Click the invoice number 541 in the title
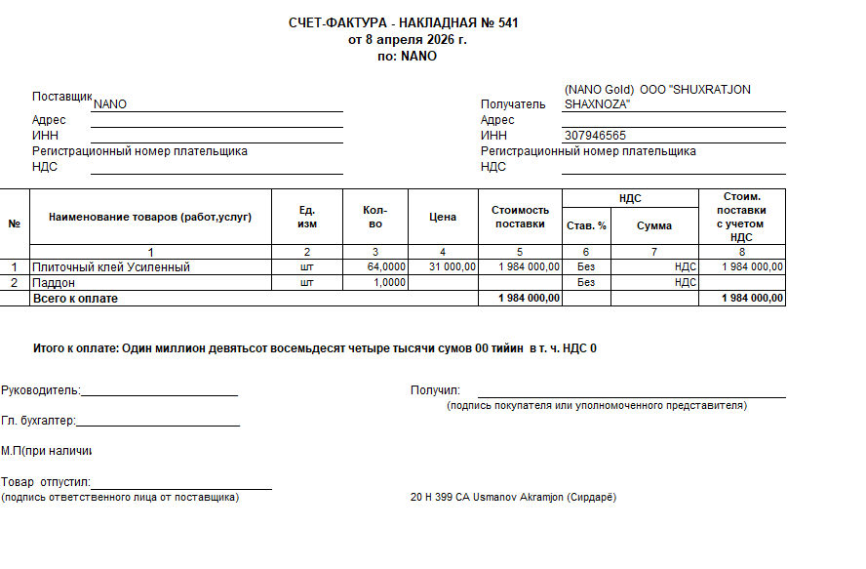point(507,22)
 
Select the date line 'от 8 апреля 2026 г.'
point(407,39)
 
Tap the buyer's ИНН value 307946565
point(595,136)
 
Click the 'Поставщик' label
point(61,97)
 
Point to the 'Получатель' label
point(513,104)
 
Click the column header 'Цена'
point(443,217)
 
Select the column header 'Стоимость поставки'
point(520,217)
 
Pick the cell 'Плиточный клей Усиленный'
point(111,266)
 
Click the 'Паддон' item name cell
point(54,282)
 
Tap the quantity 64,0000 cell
point(386,266)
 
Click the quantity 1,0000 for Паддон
point(390,282)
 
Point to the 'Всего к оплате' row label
point(75,298)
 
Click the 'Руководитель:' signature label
point(40,390)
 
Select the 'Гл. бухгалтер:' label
point(38,422)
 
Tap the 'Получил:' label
point(435,390)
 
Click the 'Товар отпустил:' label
point(45,482)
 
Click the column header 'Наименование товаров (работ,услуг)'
point(150,217)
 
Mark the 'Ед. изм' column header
point(307,217)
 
